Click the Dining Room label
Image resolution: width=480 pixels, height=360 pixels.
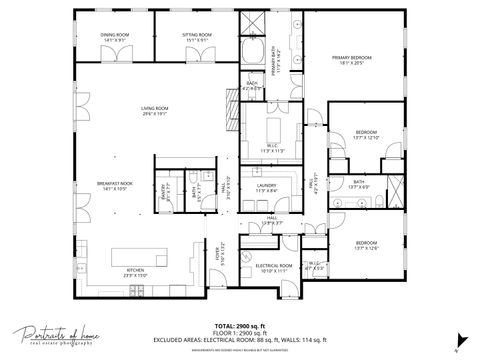115,37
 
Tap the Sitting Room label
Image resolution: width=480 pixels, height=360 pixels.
197,37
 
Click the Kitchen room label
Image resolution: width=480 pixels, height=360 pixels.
135,273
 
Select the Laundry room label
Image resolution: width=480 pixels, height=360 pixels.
266,187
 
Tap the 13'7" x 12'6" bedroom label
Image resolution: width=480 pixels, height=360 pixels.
367,247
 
